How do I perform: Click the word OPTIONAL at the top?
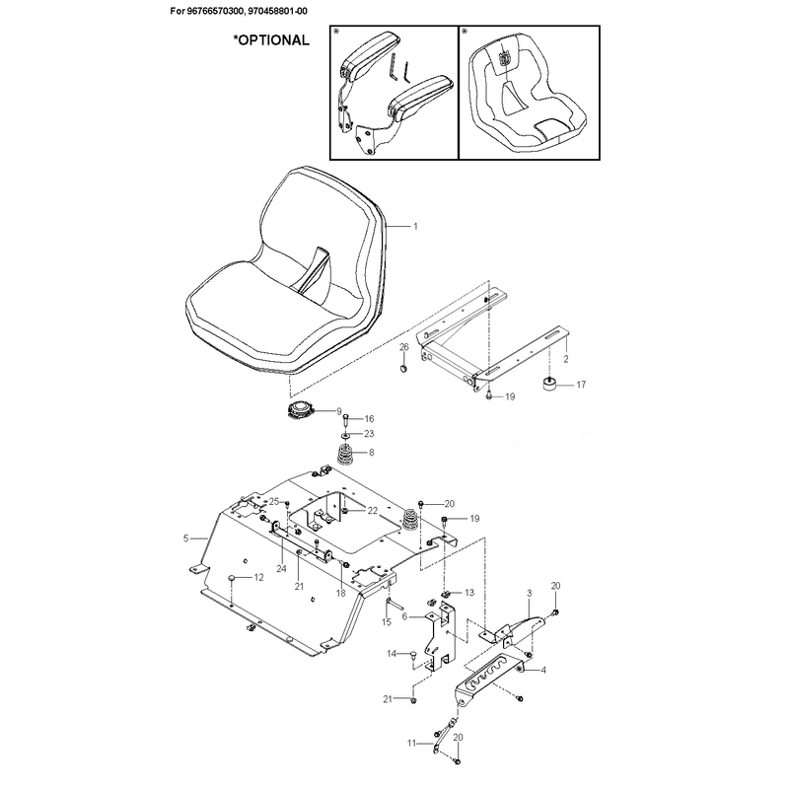pos(274,40)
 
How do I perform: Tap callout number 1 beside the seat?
pos(415,227)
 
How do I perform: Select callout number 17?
pos(581,385)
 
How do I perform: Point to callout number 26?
pos(404,347)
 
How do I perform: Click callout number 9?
pos(338,411)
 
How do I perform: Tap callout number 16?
pos(369,418)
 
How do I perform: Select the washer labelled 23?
pos(346,434)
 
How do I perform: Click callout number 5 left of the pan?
pos(185,538)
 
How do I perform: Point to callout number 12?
pos(258,578)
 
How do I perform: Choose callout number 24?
pos(281,568)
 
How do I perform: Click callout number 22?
pos(373,511)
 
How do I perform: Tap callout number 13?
pos(469,593)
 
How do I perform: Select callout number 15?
pos(387,622)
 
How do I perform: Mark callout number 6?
pos(404,616)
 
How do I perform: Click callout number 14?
pos(392,654)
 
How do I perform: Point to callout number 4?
pos(543,671)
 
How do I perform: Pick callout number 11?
pos(411,743)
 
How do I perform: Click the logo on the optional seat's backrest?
pos(505,59)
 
